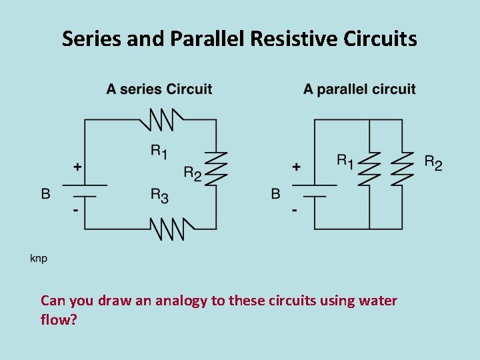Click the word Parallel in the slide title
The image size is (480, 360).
(x=207, y=39)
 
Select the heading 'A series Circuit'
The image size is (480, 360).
(x=159, y=89)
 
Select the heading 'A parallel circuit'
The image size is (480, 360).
(x=359, y=89)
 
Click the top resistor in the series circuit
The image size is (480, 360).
(x=160, y=120)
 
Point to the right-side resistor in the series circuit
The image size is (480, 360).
(x=216, y=169)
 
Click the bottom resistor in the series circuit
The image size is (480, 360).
(x=171, y=229)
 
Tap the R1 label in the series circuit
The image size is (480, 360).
(x=159, y=151)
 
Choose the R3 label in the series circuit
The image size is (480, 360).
(x=159, y=195)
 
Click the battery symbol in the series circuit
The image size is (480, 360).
(x=84, y=191)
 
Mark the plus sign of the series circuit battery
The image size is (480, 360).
(x=77, y=167)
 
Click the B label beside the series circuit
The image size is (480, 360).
(x=45, y=193)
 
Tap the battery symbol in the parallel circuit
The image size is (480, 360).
(x=314, y=191)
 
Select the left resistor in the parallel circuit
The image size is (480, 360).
(x=369, y=169)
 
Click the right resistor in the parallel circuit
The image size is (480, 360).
(x=402, y=169)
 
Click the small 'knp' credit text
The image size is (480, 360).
(x=39, y=258)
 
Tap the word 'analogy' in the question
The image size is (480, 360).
(x=181, y=301)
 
